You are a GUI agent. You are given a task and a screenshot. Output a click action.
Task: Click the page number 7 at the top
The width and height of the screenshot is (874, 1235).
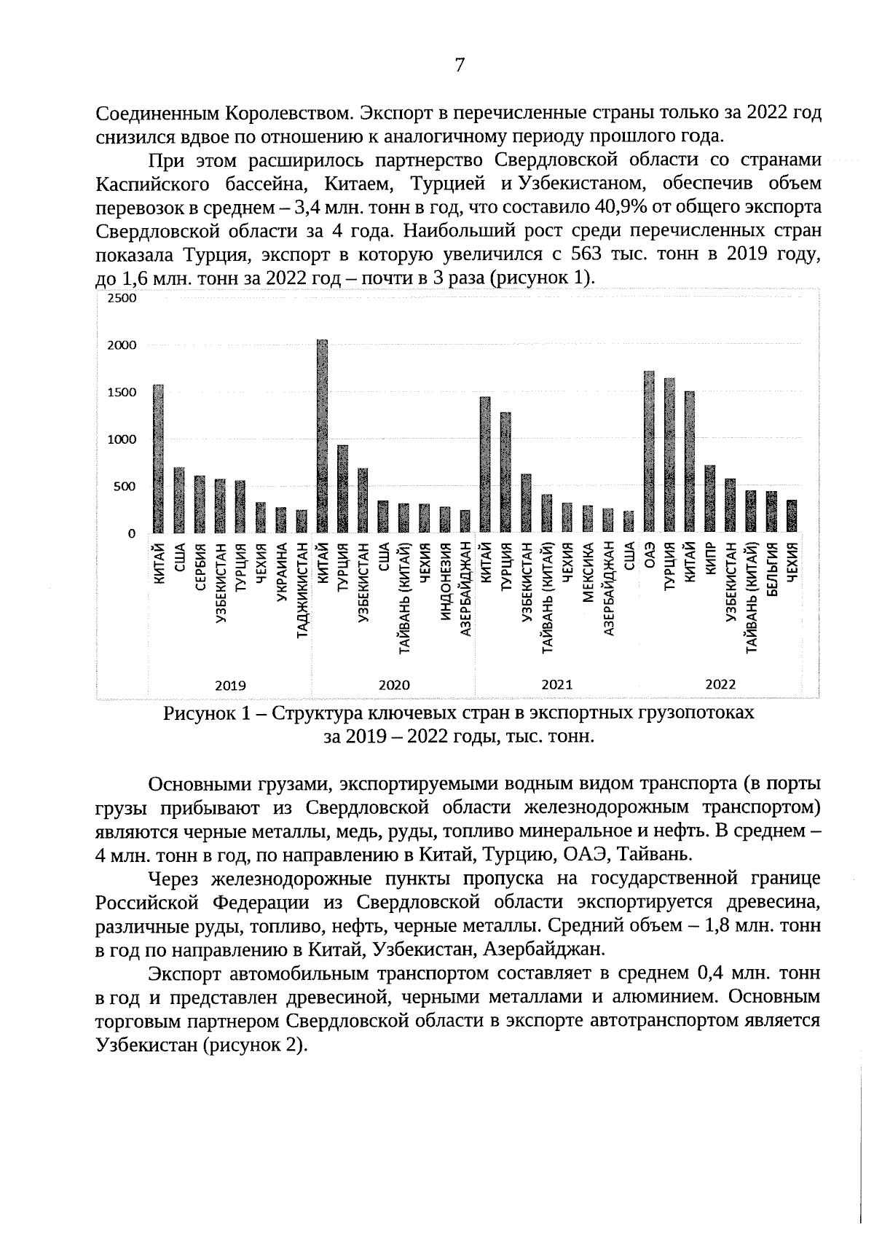pyautogui.click(x=460, y=66)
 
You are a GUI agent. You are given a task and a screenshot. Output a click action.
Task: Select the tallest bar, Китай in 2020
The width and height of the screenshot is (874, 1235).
pyautogui.click(x=322, y=437)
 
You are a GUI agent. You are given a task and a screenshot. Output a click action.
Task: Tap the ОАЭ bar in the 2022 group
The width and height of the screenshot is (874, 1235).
pyautogui.click(x=649, y=452)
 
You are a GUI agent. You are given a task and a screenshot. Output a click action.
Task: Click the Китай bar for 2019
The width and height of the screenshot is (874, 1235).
pyautogui.click(x=158, y=459)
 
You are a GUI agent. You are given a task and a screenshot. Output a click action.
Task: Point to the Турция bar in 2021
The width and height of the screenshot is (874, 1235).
pyautogui.click(x=505, y=474)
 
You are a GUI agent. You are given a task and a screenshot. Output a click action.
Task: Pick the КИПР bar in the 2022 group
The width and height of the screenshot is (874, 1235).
pyautogui.click(x=710, y=499)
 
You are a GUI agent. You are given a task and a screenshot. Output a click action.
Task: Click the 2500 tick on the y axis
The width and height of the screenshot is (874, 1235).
pyautogui.click(x=122, y=299)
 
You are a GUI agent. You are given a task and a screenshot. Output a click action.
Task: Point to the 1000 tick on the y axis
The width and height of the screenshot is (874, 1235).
pyautogui.click(x=122, y=439)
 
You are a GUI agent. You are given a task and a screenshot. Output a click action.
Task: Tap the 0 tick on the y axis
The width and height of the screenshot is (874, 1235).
pyautogui.click(x=132, y=534)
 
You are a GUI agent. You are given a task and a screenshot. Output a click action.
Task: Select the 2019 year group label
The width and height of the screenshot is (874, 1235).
pyautogui.click(x=230, y=685)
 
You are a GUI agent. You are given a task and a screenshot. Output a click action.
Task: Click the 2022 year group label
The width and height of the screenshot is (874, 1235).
pyautogui.click(x=720, y=685)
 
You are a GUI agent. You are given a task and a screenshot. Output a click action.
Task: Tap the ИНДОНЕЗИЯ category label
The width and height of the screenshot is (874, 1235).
pyautogui.click(x=445, y=582)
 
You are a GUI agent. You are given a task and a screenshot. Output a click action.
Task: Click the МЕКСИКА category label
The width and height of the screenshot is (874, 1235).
pyautogui.click(x=588, y=573)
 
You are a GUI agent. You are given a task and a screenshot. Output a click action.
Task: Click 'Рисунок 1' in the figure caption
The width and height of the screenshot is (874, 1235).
pyautogui.click(x=206, y=713)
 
